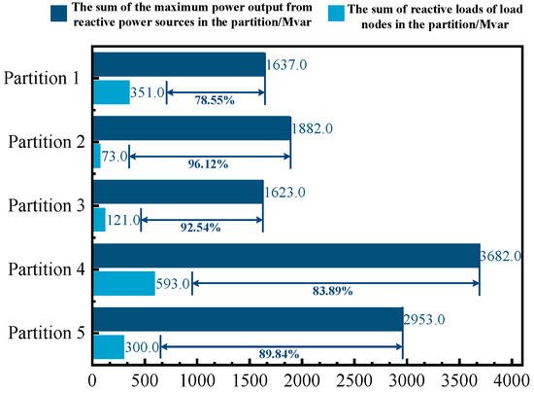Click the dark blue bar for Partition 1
pyautogui.click(x=179, y=64)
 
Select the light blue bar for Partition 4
pyautogui.click(x=123, y=283)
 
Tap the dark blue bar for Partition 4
pyautogui.click(x=285, y=255)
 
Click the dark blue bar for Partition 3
pyautogui.click(x=178, y=192)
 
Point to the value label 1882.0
pyautogui.click(x=314, y=128)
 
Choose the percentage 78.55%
pyautogui.click(x=215, y=101)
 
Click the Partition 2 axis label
pyautogui.click(x=47, y=141)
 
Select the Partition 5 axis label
pyautogui.click(x=47, y=334)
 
